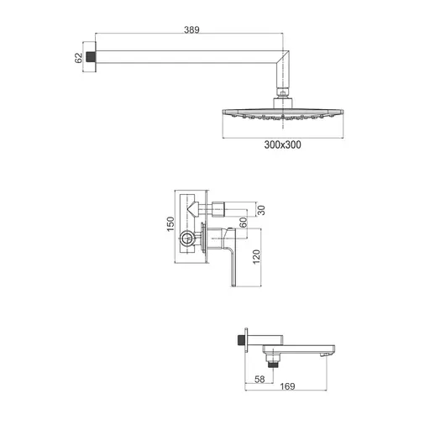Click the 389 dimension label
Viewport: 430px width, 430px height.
coord(191,29)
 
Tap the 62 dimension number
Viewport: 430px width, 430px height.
coord(79,58)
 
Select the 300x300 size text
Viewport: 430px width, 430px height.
coord(283,144)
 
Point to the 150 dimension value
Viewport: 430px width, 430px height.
coord(170,224)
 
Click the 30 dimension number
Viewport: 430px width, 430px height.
coord(261,210)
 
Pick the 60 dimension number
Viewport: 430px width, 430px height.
coord(244,223)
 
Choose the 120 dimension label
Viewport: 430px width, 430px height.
coord(256,257)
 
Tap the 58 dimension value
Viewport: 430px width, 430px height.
coord(260,379)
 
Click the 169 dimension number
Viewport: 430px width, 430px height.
coord(287,386)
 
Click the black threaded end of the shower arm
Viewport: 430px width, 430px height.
coord(91,57)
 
